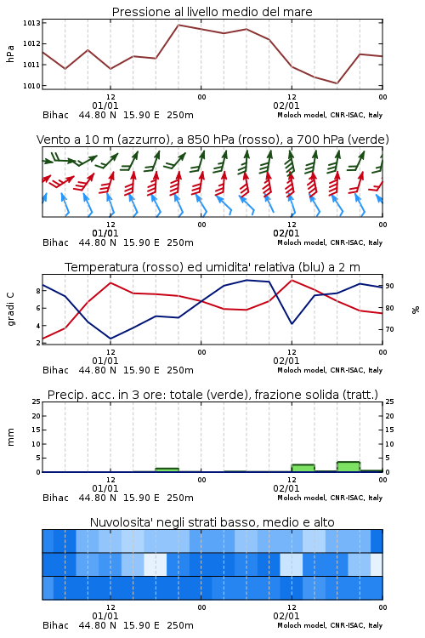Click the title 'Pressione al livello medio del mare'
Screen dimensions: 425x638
click(212, 12)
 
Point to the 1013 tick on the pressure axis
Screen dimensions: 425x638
click(31, 23)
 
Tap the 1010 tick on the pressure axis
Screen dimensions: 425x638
click(31, 86)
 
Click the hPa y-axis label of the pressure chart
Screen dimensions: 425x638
click(10, 54)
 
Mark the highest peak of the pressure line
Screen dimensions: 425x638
click(178, 25)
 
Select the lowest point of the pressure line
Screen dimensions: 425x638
click(337, 83)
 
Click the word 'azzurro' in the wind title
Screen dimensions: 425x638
click(142, 140)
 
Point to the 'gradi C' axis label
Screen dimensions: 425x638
click(10, 309)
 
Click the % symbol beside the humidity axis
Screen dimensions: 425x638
click(416, 310)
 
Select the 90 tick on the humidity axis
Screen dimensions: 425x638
click(389, 286)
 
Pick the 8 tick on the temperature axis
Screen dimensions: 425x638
click(38, 291)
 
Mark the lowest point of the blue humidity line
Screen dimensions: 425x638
click(110, 339)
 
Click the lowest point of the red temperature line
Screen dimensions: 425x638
click(43, 339)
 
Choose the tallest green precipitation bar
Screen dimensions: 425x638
click(348, 467)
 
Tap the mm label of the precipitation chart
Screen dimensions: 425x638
click(10, 437)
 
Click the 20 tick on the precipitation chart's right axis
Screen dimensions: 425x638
click(389, 416)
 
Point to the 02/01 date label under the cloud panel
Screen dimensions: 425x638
click(286, 616)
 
